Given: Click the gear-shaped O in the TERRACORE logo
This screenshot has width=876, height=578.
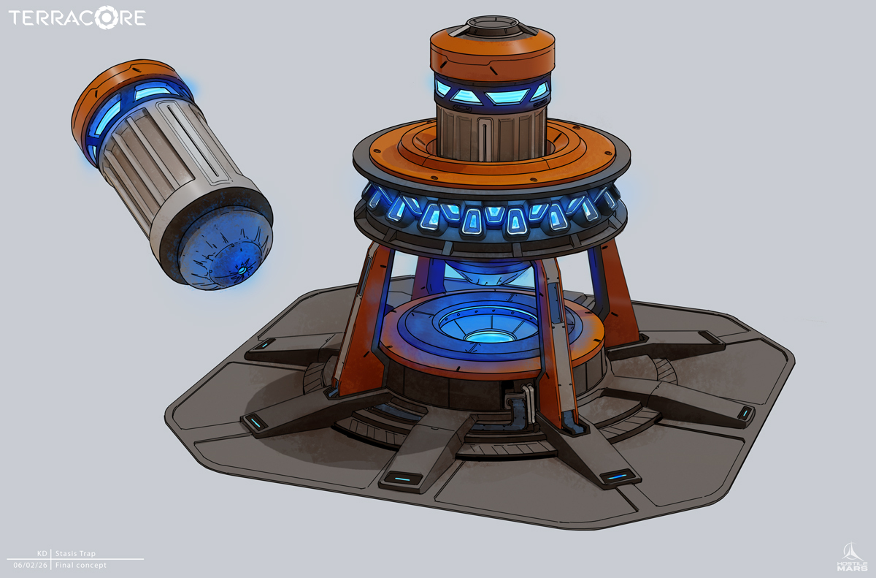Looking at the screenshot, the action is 106,18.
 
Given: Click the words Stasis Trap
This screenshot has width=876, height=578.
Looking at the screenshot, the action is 75,553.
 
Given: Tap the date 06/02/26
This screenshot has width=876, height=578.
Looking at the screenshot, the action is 31,565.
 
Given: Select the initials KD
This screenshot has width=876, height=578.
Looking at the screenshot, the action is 42,553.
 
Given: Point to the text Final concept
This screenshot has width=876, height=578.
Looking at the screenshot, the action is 80,565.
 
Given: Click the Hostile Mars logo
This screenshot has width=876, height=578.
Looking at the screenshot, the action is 852,556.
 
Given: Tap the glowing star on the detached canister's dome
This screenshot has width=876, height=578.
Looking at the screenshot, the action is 242,270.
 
